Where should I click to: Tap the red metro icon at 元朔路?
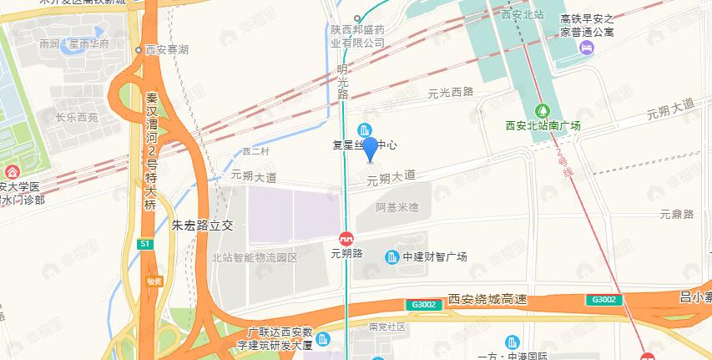pyautogui.click(x=346, y=237)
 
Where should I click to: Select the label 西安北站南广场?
pyautogui.click(x=543, y=125)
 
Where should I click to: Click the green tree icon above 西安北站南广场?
pyautogui.click(x=543, y=109)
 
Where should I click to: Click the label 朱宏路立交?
pyautogui.click(x=205, y=225)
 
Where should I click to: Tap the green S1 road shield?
pyautogui.click(x=145, y=244)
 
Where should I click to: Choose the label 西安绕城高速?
pyautogui.click(x=488, y=299)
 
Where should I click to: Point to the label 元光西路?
pyautogui.click(x=450, y=94)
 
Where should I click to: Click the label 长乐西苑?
pyautogui.click(x=77, y=118)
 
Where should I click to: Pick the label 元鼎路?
pyautogui.click(x=677, y=214)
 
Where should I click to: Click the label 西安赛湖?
pyautogui.click(x=166, y=50)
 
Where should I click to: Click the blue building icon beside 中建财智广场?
pyautogui.click(x=391, y=256)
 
